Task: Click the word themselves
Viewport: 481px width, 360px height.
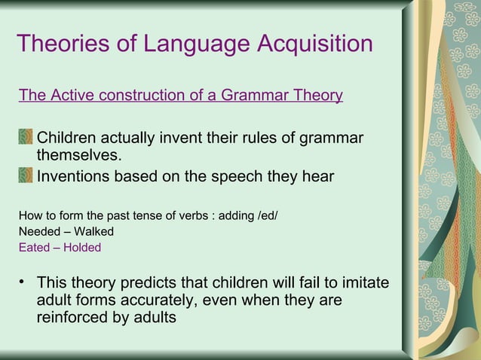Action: click(78, 156)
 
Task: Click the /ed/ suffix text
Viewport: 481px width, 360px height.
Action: click(268, 216)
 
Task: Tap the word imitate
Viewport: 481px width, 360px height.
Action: click(365, 284)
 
